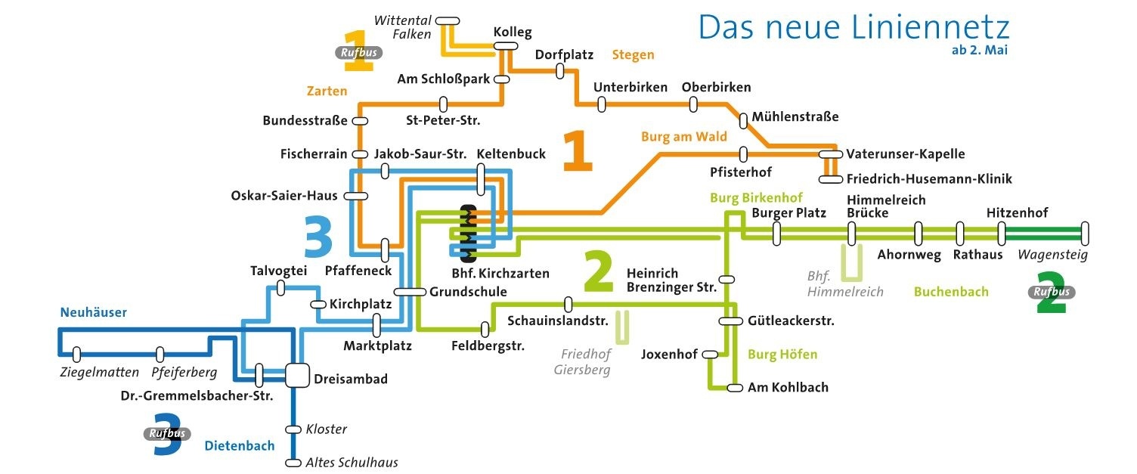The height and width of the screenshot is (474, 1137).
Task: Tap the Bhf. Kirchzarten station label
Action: click(500, 273)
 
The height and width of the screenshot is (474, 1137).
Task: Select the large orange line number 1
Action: click(578, 152)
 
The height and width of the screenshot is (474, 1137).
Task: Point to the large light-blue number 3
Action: click(318, 237)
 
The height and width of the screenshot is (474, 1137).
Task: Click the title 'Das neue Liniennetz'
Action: click(854, 27)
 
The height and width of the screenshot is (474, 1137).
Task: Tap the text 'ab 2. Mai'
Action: click(980, 51)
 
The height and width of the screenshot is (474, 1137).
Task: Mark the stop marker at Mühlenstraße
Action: click(745, 118)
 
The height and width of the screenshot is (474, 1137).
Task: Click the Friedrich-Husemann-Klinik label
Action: click(929, 179)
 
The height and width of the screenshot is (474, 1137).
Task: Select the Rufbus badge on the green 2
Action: click(1053, 292)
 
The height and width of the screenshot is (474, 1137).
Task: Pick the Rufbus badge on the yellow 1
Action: click(358, 53)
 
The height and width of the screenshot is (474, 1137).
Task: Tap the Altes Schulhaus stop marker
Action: click(293, 463)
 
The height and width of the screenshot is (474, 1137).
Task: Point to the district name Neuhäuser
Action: click(94, 312)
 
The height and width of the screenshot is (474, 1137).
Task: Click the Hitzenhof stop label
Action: click(1017, 213)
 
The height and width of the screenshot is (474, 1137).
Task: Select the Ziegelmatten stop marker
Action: click(76, 354)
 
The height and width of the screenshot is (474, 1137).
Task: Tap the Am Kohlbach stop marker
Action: click(735, 388)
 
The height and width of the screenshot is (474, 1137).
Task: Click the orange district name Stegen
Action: click(633, 54)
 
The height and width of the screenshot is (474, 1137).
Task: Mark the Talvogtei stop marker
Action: click(281, 287)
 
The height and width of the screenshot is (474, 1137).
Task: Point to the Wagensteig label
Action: click(1052, 255)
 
